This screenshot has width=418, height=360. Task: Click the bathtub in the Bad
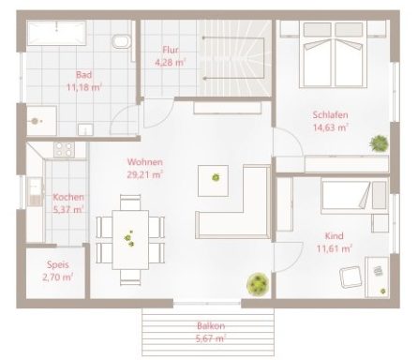[x=55, y=35]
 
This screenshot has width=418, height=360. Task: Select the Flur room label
[x=171, y=51]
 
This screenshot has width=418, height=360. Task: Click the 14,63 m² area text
[x=331, y=127]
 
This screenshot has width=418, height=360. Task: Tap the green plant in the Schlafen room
[x=380, y=142]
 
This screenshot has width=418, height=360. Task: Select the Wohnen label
[x=145, y=161]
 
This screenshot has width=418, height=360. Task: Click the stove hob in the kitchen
[x=65, y=148]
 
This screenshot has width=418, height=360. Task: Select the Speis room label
[x=55, y=264]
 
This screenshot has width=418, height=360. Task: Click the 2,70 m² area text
[x=56, y=277]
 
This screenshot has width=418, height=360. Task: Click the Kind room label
[x=334, y=235]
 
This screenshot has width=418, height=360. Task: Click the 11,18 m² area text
[x=83, y=86]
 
